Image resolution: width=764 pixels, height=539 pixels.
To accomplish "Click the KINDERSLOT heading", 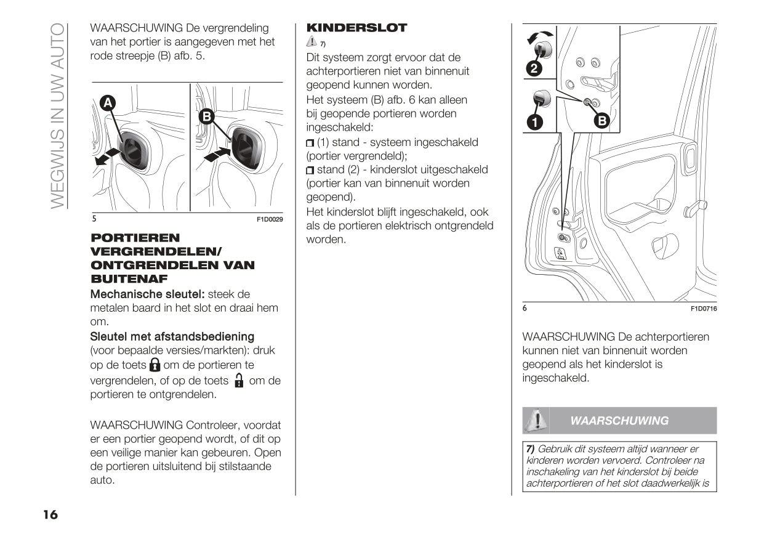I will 356,28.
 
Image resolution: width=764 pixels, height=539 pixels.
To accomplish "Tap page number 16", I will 50,515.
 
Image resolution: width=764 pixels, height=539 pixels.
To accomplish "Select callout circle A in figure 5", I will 108,103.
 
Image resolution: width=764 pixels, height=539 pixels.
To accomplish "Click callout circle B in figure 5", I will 206,116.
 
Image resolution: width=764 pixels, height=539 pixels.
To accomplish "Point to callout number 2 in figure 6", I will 534,68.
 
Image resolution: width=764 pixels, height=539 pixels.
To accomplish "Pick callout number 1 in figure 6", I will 534,122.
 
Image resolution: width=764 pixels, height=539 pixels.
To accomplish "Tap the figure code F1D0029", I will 270,219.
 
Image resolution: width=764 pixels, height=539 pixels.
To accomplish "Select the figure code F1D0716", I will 703,309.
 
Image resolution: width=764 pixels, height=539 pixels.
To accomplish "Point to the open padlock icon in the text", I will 239,380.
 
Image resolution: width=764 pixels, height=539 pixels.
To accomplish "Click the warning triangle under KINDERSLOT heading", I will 312,42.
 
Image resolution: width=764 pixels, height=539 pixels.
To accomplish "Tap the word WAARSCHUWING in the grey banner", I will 619,421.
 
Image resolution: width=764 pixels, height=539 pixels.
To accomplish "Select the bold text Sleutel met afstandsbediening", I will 172,336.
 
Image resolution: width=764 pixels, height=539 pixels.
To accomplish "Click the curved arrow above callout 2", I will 541,36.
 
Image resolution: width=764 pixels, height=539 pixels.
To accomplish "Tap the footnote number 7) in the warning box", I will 530,449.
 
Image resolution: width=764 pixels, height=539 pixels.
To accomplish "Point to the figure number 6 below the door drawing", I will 525,309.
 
